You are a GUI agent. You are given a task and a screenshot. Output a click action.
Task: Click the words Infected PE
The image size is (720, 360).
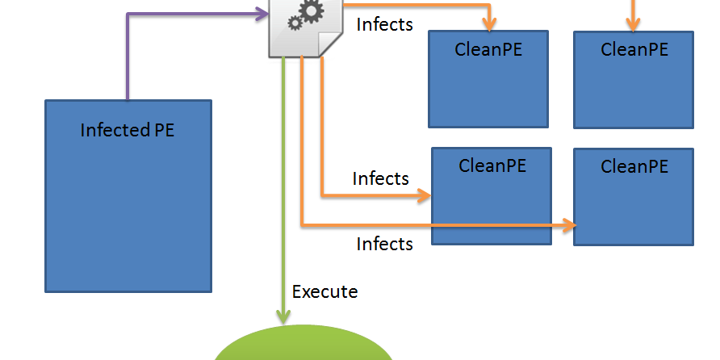click(x=128, y=130)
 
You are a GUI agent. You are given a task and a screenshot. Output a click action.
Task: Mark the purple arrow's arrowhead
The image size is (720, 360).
click(x=262, y=12)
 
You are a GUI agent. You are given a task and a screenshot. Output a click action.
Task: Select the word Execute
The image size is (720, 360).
click(x=324, y=291)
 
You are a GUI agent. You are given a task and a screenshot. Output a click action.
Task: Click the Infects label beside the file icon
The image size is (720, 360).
click(x=384, y=24)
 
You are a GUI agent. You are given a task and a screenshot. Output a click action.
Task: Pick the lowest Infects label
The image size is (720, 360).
click(x=385, y=243)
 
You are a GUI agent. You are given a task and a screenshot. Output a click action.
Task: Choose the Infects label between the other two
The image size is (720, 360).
click(x=381, y=178)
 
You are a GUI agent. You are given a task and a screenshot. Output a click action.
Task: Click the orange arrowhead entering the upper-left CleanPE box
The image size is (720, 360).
click(x=488, y=23)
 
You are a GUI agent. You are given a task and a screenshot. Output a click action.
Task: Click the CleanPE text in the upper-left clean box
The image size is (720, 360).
click(x=488, y=49)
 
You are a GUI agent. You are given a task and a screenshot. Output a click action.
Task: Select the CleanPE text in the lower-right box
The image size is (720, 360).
click(x=634, y=166)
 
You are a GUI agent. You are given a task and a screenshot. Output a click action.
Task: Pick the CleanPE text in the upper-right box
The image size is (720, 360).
click(x=634, y=49)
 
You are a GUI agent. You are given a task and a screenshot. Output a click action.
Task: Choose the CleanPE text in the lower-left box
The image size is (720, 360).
click(x=492, y=165)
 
